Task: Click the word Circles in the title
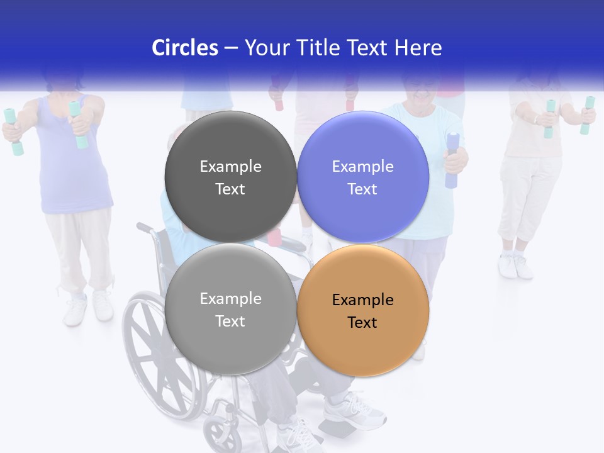184,48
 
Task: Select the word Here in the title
418,48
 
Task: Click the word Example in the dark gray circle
230,167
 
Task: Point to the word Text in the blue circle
362,189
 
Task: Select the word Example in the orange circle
362,300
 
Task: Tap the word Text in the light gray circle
230,322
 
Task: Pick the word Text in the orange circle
362,323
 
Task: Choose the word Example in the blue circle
362,167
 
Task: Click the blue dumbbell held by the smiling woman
452,160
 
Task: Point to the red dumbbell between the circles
275,237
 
